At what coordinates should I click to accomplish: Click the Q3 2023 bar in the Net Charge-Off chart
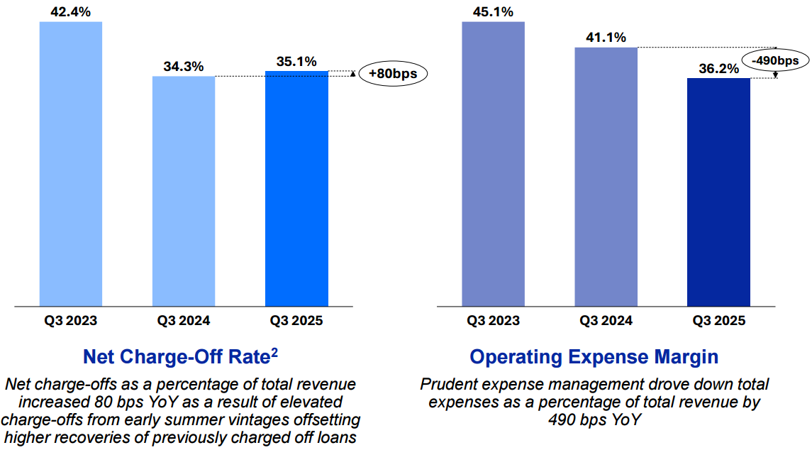[x=71, y=164]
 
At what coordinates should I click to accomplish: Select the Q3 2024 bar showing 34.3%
[x=184, y=192]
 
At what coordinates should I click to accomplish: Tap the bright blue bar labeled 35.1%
[x=296, y=189]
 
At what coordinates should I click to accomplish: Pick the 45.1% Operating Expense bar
[x=493, y=164]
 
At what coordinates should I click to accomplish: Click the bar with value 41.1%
[x=606, y=177]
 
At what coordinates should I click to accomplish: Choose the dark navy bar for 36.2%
[x=718, y=192]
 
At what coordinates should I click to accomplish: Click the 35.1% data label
[x=296, y=61]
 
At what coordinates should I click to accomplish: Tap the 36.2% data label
[x=718, y=68]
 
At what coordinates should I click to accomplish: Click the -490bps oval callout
[x=777, y=60]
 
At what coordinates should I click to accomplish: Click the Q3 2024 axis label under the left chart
[x=184, y=321]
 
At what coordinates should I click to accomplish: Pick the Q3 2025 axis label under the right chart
[x=718, y=321]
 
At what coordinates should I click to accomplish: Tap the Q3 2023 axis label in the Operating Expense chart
[x=493, y=321]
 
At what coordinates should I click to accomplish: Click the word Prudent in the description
[x=447, y=384]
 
